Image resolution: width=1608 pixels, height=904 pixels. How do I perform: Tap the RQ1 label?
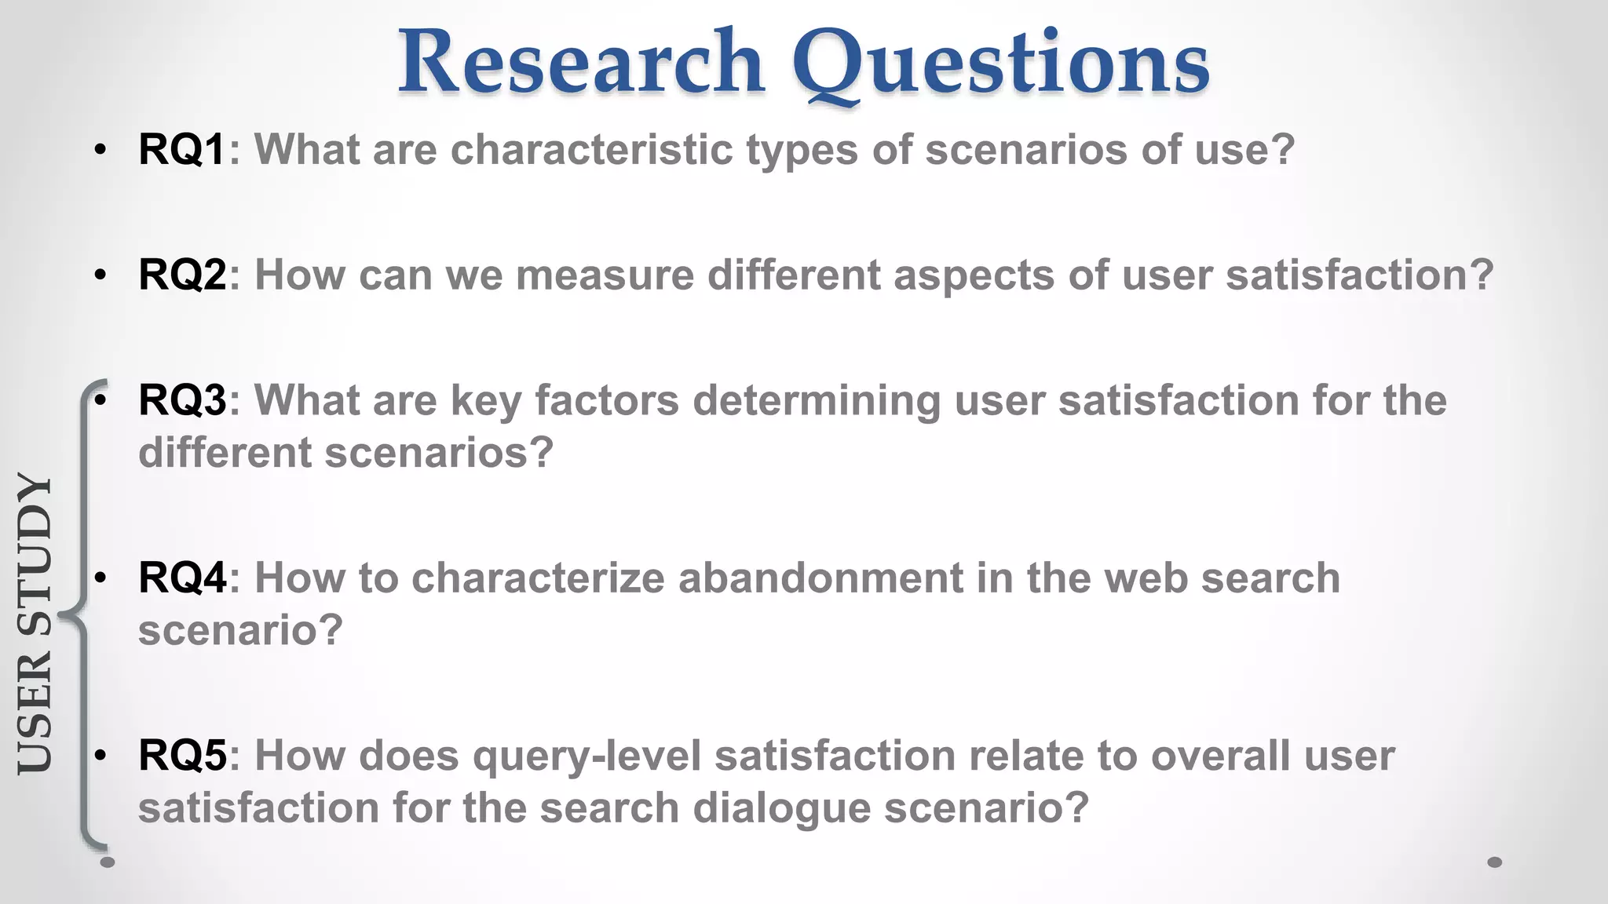181,149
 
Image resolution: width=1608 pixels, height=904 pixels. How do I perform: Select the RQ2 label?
181,275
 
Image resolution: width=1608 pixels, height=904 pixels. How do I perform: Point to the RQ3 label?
181,400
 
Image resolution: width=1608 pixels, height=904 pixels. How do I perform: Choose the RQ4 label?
181,578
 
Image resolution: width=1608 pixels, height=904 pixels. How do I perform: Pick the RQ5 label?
181,756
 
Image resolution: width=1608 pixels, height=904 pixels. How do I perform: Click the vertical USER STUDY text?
35,624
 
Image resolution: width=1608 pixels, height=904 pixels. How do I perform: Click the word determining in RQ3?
817,401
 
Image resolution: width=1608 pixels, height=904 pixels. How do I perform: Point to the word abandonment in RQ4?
820,578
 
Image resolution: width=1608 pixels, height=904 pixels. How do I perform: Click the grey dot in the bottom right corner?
1495,862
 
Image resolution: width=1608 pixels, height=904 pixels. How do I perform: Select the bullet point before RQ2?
100,275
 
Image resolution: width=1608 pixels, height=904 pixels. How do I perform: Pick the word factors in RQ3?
606,400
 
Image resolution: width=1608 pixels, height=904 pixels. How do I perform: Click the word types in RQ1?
802,151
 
